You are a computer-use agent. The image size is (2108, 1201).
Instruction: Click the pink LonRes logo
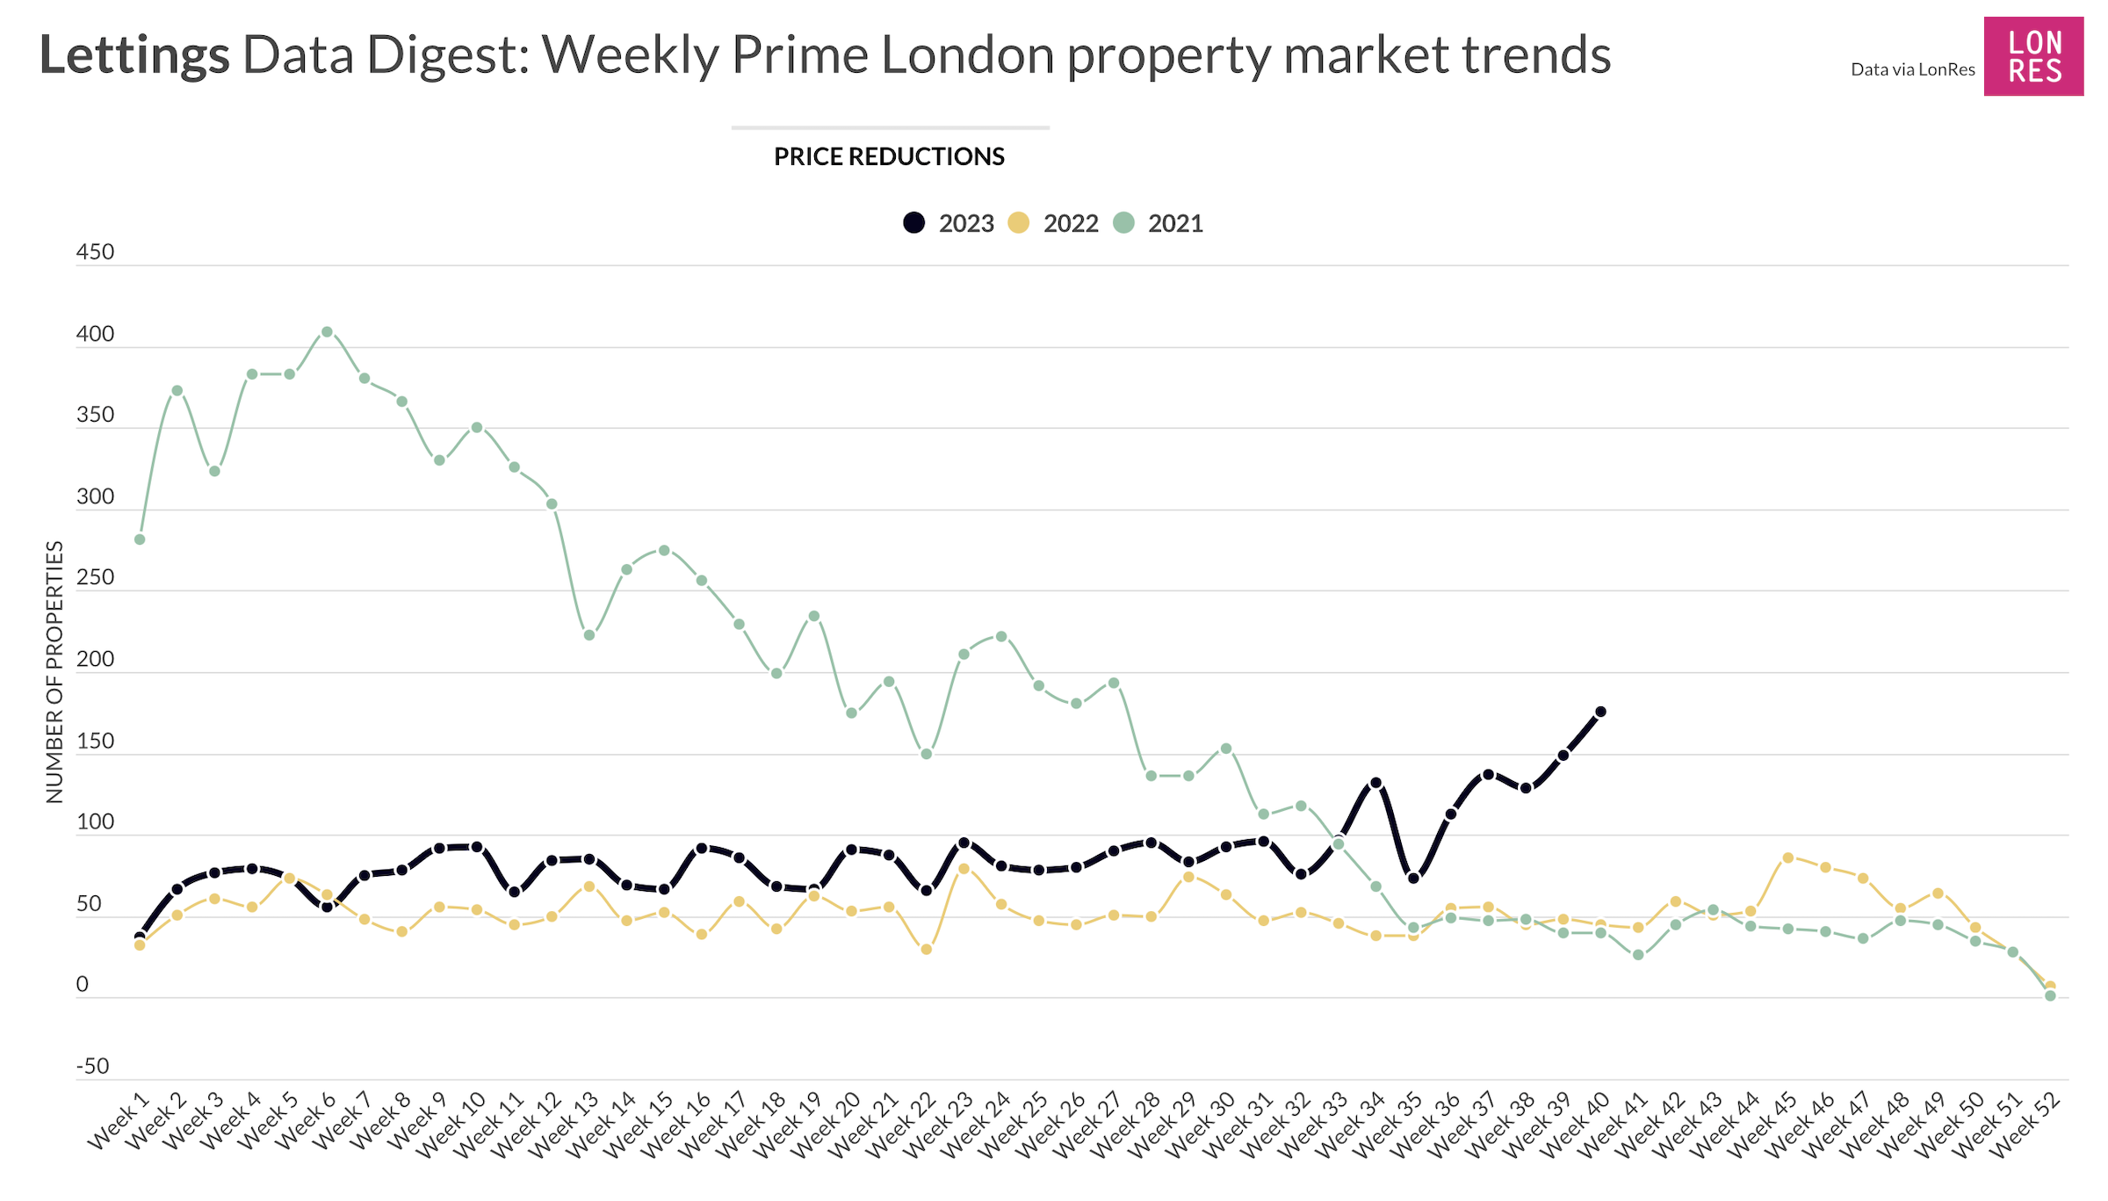(x=2032, y=56)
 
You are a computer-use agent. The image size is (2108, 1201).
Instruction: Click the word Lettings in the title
(x=134, y=55)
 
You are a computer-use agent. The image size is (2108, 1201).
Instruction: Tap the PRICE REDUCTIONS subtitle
(x=889, y=156)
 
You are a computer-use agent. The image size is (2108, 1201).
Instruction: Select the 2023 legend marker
(x=914, y=223)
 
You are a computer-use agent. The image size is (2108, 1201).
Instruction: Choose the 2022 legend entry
(x=1054, y=223)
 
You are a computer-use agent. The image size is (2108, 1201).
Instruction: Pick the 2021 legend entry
(x=1159, y=223)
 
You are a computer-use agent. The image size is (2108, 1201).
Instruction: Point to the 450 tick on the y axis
(x=95, y=252)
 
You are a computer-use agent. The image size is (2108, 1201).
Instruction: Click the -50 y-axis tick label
(x=92, y=1067)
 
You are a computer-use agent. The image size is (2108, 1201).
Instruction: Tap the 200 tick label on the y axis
(x=95, y=659)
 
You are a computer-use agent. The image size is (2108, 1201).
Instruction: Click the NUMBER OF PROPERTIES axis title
(x=54, y=672)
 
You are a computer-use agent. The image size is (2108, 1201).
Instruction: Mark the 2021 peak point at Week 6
(x=327, y=332)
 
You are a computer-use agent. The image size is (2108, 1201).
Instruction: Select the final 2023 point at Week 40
(x=1600, y=712)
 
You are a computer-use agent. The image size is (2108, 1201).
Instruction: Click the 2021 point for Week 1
(x=140, y=539)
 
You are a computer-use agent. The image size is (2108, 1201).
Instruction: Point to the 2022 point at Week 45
(x=1787, y=857)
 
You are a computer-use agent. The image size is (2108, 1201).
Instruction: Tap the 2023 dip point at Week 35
(x=1413, y=878)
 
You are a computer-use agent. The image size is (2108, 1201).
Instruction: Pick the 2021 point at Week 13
(x=589, y=635)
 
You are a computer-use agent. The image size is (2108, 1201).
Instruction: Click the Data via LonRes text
(x=1912, y=69)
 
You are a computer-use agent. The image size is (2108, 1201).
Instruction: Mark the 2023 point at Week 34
(x=1375, y=783)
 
